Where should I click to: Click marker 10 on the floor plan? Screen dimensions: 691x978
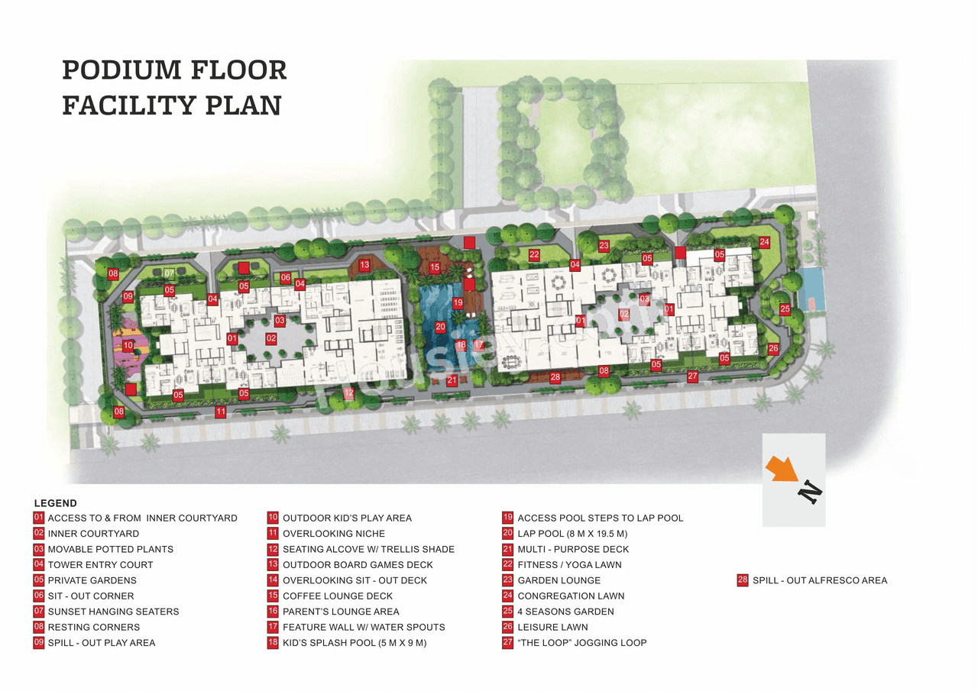coord(128,346)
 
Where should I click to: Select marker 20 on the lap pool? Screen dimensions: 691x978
coord(441,327)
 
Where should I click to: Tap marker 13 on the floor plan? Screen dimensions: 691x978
coord(364,265)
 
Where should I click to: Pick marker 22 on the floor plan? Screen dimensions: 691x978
coord(534,255)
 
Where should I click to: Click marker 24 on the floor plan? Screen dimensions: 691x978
coord(764,242)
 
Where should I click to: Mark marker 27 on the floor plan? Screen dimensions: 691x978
coord(692,376)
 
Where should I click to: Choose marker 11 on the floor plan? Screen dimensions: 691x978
coord(221,412)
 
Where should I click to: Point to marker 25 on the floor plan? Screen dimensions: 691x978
coord(785,309)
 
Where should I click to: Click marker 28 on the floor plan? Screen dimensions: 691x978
coord(555,376)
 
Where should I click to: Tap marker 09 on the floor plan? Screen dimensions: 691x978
coord(128,296)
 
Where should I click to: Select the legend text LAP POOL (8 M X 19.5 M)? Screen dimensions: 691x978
coord(572,534)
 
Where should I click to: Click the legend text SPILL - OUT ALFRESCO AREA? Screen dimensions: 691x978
coord(819,580)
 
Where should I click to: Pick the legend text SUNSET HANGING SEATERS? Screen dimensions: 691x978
coord(113,612)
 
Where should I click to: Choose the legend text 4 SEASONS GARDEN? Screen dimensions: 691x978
coord(565,612)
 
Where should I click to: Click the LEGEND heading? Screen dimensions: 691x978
coord(56,503)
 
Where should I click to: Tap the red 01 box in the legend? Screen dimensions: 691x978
coord(39,518)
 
